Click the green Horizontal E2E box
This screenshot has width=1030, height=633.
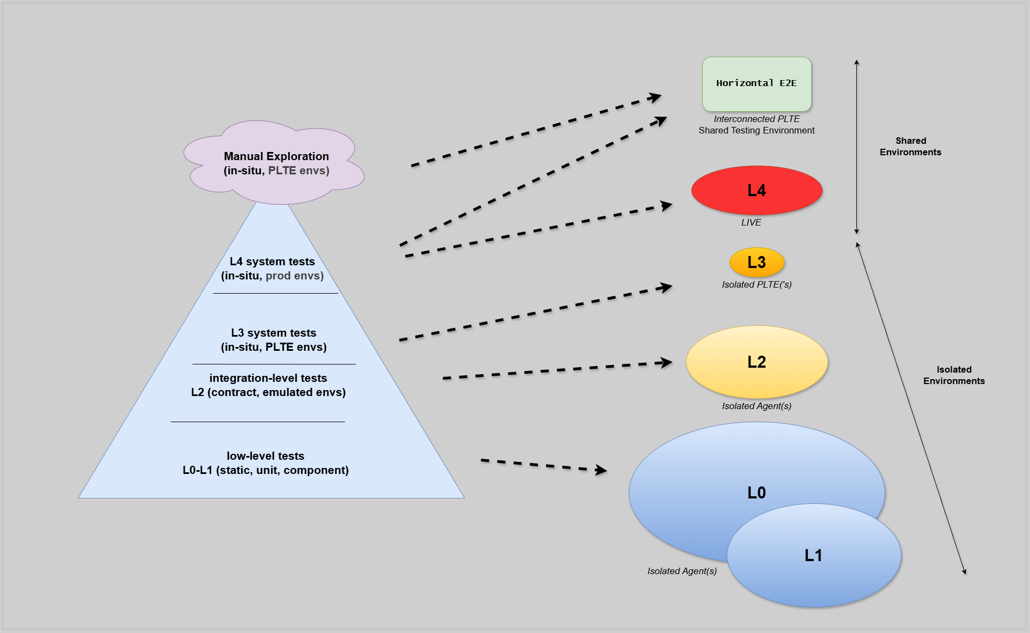coord(756,83)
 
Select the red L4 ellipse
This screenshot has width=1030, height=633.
coord(756,190)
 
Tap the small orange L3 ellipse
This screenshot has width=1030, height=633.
coord(756,262)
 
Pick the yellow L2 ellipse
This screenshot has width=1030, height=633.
coord(756,362)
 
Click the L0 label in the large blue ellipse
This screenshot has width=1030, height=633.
coord(756,492)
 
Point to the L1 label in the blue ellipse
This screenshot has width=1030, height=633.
coord(813,555)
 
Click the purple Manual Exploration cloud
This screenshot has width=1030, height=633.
coord(276,163)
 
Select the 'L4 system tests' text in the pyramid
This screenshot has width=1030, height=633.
coord(272,261)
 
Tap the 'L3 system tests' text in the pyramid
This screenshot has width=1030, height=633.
coord(273,333)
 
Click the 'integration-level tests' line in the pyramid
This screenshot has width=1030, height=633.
coord(268,378)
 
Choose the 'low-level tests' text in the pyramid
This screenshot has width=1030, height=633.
coord(265,456)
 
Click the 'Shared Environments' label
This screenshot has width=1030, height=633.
coord(910,147)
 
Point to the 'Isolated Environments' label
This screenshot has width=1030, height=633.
coord(954,375)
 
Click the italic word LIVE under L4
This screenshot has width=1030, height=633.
coord(751,222)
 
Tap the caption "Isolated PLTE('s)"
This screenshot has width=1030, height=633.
coord(756,284)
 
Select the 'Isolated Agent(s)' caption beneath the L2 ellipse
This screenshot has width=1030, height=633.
coord(756,406)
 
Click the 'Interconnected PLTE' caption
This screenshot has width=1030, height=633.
coord(756,119)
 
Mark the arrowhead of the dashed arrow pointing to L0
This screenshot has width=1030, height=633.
coord(602,470)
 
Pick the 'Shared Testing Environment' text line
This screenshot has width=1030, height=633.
coord(756,130)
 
